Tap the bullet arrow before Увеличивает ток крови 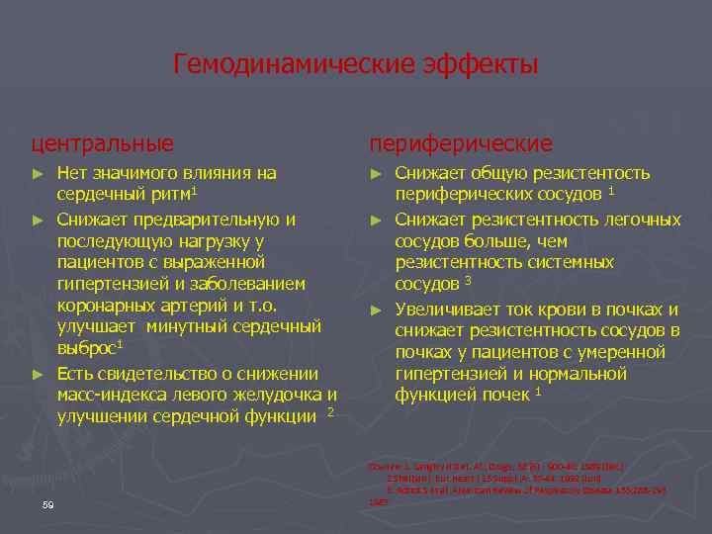(376, 310)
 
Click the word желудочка (277, 396)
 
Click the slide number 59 (48, 506)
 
